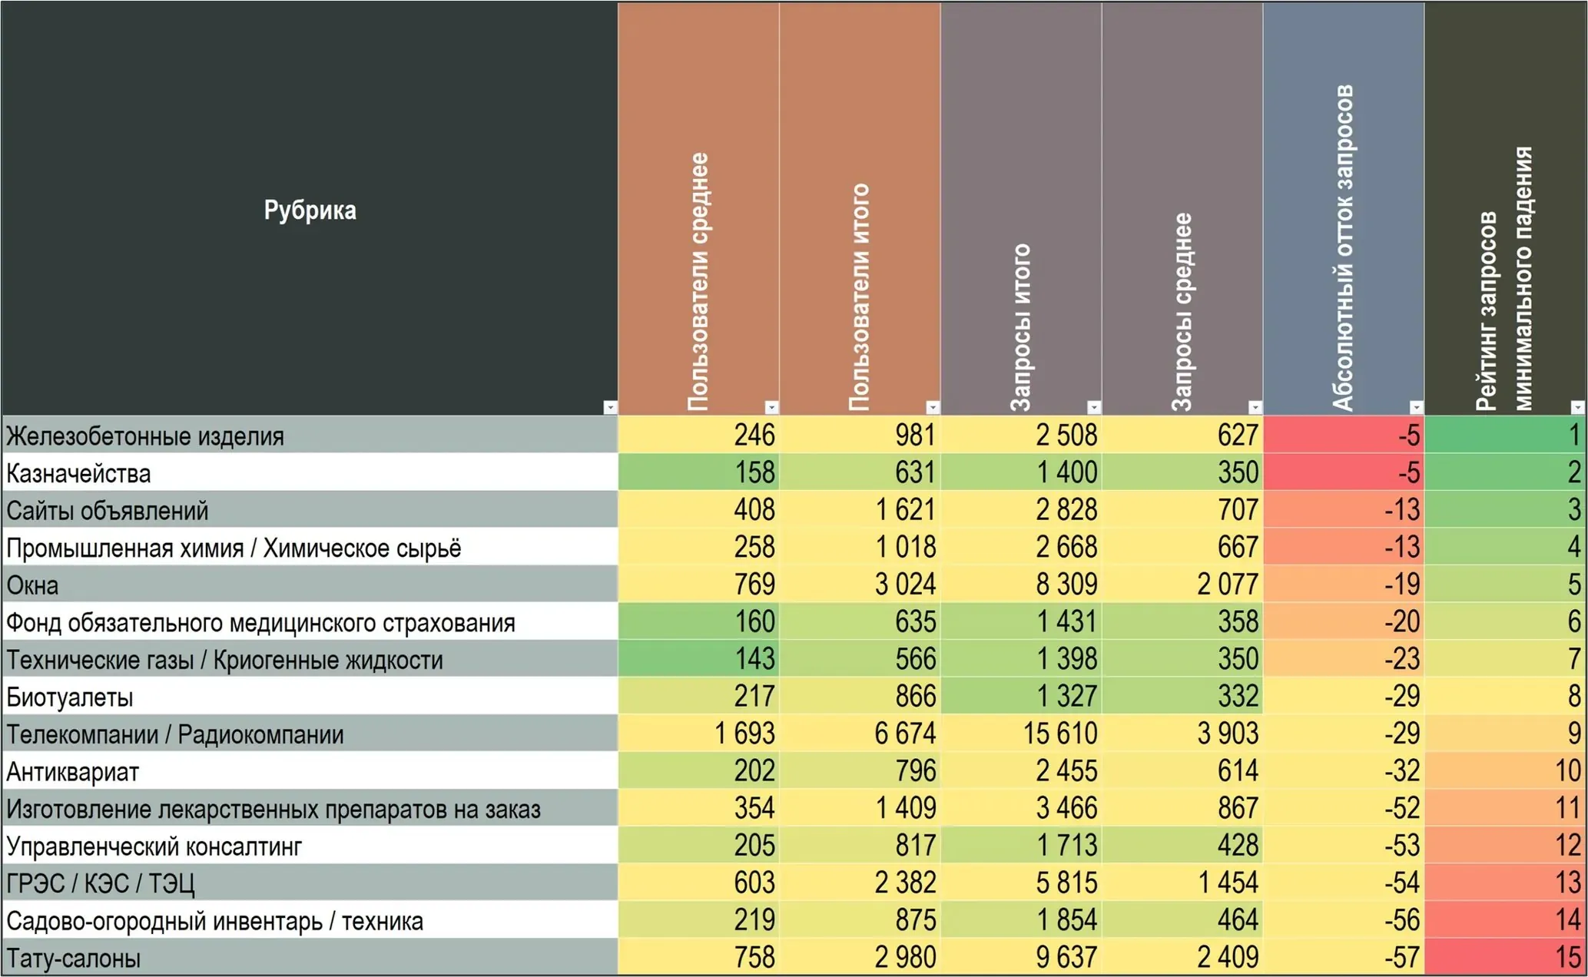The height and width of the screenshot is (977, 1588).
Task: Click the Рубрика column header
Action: [x=310, y=210]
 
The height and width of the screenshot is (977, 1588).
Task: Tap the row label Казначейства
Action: [x=78, y=473]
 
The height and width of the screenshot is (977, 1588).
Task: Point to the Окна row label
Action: [x=32, y=585]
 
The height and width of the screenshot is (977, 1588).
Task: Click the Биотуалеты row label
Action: [x=70, y=697]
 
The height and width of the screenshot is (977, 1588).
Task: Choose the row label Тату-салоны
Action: [x=74, y=959]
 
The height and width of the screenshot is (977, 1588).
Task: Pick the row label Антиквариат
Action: [x=73, y=772]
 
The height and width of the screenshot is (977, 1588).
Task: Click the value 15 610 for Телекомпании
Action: [x=1060, y=734]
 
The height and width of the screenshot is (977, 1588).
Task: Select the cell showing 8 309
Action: [x=1066, y=585]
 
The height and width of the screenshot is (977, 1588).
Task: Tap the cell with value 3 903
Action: [x=1228, y=734]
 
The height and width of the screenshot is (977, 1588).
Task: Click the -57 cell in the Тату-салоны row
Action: [x=1401, y=958]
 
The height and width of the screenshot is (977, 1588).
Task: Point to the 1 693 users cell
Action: [x=744, y=734]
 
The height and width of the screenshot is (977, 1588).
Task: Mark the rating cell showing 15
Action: [x=1568, y=958]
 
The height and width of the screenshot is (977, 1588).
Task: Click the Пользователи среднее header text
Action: [x=698, y=282]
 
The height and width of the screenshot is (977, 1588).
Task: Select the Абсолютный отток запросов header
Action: [x=1343, y=247]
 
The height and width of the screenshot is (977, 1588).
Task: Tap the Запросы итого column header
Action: [x=1020, y=328]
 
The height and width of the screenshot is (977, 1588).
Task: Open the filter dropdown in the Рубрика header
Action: [x=610, y=407]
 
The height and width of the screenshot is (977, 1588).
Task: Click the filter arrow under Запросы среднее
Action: [x=1255, y=407]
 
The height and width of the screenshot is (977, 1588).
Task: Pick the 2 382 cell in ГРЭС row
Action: [x=905, y=883]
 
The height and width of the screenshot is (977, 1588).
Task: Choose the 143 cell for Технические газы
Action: [x=754, y=659]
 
